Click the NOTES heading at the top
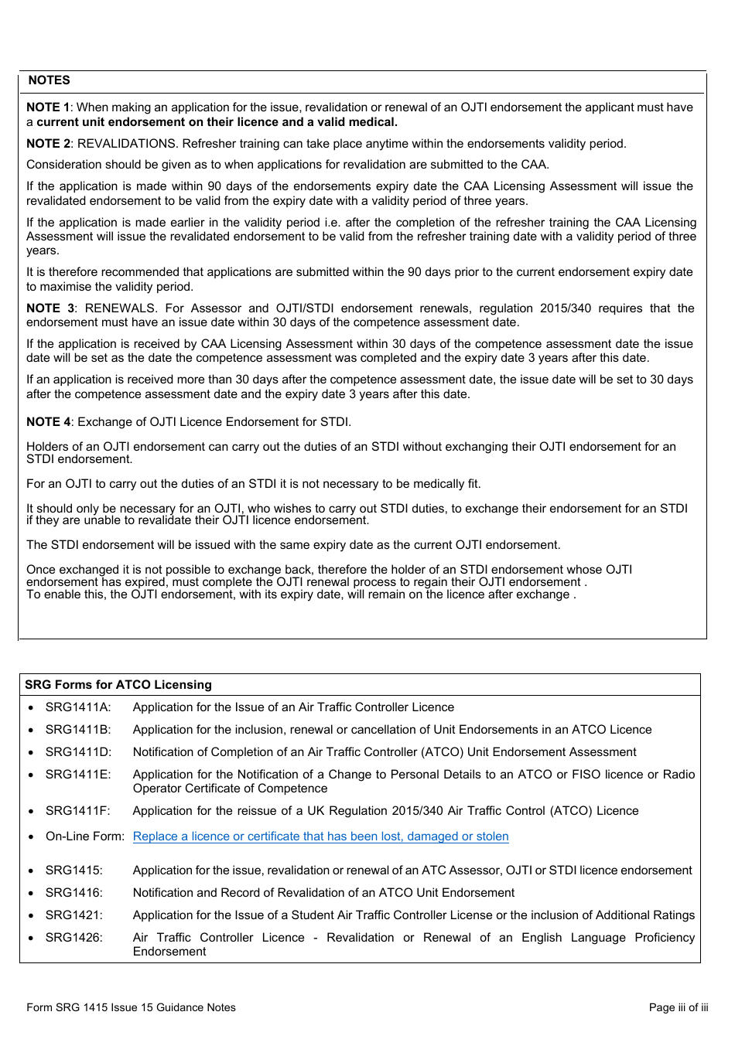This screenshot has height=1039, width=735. click(x=49, y=80)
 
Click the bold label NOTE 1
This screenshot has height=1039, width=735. click(x=47, y=107)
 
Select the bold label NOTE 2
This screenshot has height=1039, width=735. click(x=48, y=144)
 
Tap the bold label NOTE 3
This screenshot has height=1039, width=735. click(x=50, y=308)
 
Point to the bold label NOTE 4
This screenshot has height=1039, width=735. click(x=48, y=422)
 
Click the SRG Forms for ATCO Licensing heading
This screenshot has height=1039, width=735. click(x=118, y=685)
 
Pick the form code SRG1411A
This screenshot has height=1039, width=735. click(x=78, y=707)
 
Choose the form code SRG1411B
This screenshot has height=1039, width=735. click(x=78, y=730)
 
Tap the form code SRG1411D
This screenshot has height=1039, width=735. click(x=78, y=752)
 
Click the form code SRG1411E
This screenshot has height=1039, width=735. click(x=78, y=775)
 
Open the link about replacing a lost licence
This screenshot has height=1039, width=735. click(x=320, y=836)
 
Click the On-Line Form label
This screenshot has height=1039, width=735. click(x=84, y=836)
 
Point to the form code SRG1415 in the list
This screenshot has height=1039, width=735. click(x=73, y=870)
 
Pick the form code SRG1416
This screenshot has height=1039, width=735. click(x=73, y=893)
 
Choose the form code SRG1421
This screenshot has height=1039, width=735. click(x=73, y=915)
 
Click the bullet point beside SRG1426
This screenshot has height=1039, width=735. click(x=30, y=938)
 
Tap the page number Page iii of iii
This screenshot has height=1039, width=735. click(x=678, y=1007)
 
